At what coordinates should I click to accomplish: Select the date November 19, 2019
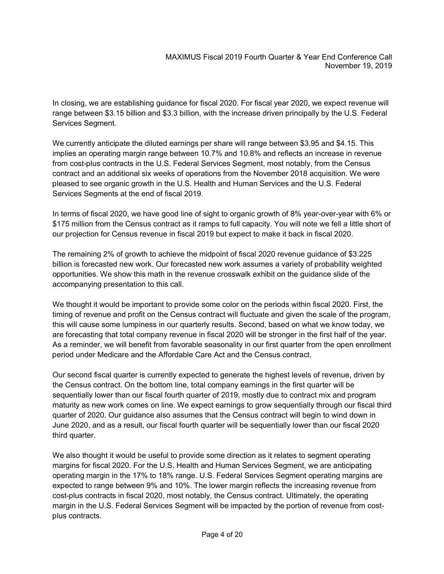tap(359, 66)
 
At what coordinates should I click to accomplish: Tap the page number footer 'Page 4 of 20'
tap(222, 535)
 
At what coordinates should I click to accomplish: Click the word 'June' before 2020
tap(61, 425)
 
